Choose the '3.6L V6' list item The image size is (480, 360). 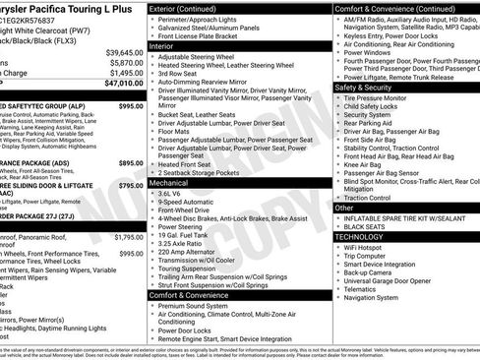(177, 194)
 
